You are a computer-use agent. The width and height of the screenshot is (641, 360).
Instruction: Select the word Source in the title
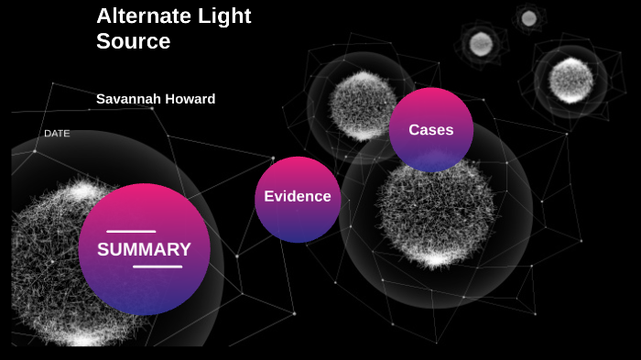133,41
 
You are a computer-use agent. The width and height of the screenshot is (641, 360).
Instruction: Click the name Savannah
128,99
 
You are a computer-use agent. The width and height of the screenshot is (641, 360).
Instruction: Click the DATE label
57,134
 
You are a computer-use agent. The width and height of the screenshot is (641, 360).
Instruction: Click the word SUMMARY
144,249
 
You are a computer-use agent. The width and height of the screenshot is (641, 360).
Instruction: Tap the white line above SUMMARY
131,232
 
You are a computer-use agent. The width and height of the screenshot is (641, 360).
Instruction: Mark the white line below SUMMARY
158,267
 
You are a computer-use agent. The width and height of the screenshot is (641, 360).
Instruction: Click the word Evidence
297,197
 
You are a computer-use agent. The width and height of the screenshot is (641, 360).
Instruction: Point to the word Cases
430,130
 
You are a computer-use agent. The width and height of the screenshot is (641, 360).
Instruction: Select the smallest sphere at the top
528,17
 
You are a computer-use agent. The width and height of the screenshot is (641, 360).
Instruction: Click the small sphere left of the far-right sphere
480,43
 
